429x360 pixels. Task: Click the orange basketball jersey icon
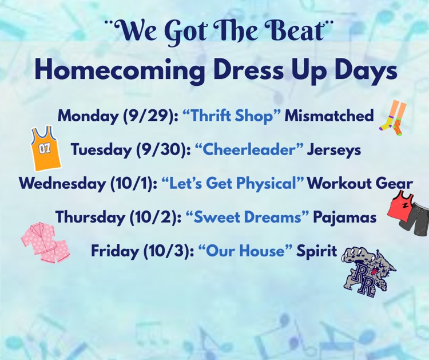tap(46, 149)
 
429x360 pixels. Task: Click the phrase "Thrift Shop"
tap(233, 116)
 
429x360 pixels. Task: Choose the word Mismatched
tap(329, 116)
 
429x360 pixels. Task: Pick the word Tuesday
tap(101, 150)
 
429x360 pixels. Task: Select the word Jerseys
tap(333, 150)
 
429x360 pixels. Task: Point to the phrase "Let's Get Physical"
tap(232, 184)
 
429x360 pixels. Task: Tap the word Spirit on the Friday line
tap(316, 251)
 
